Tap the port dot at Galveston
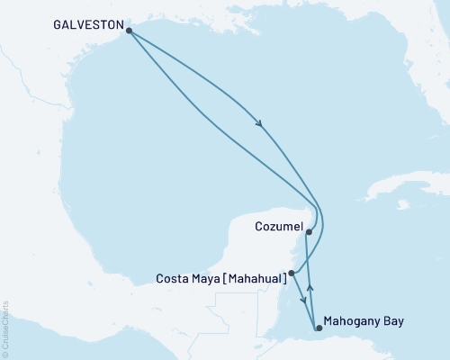tap(130, 31)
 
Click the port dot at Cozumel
tap(309, 232)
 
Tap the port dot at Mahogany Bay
tap(317, 328)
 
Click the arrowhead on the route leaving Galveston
tap(260, 124)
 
